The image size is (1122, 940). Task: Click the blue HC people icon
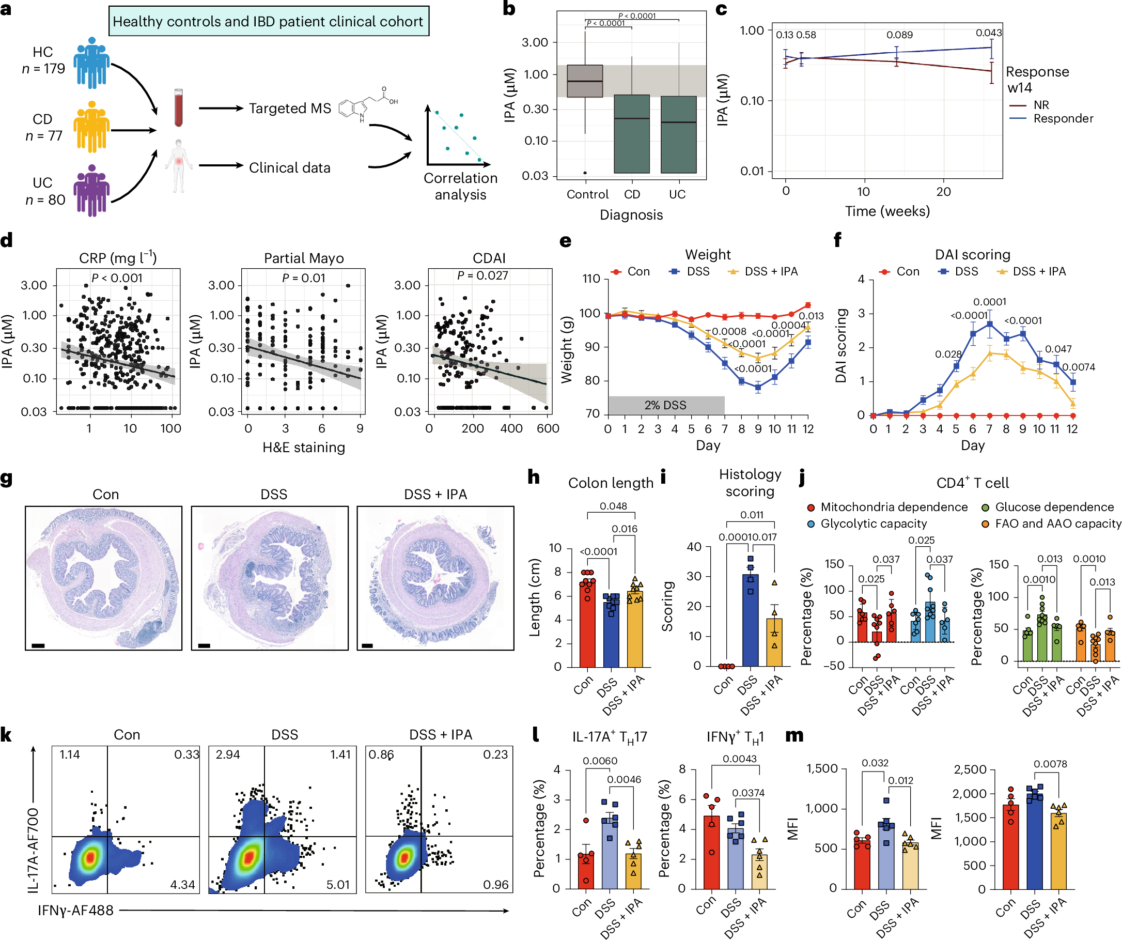(91, 63)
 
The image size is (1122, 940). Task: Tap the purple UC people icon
(91, 190)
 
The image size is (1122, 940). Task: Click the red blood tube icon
(178, 107)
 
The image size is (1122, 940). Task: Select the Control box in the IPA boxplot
(585, 81)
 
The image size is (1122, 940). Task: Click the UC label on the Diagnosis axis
(677, 194)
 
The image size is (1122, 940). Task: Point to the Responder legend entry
(1063, 119)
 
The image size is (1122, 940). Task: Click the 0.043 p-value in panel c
(988, 33)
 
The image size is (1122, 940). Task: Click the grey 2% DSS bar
(666, 405)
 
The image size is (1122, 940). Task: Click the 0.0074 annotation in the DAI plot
(1078, 367)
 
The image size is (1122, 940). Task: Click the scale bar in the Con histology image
(38, 645)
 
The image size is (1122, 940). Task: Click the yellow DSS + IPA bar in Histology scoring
(774, 642)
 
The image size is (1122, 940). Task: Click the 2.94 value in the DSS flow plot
(228, 754)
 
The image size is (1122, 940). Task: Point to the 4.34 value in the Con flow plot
(182, 884)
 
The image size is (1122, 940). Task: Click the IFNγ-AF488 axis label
(75, 911)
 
